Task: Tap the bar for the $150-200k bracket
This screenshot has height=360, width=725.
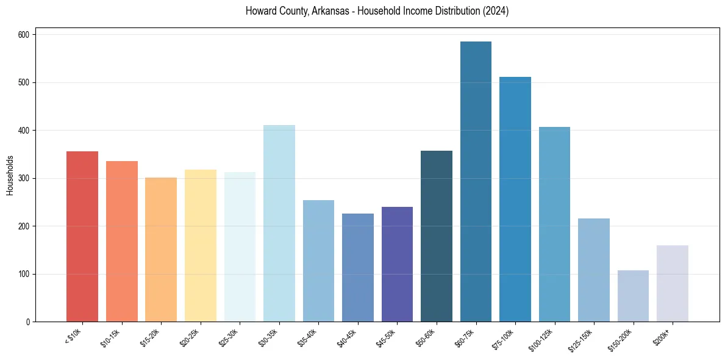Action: coord(633,296)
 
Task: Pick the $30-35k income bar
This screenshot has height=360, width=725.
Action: coord(279,223)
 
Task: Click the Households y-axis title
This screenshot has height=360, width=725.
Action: coord(10,175)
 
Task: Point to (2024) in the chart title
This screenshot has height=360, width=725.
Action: coord(498,11)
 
